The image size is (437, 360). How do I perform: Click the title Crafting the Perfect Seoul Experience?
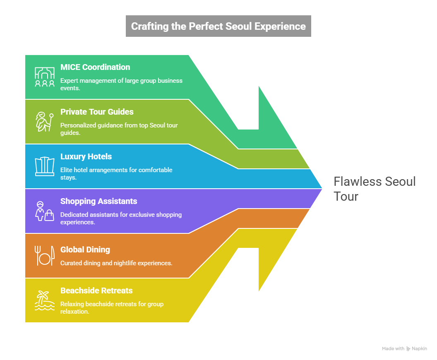tap(218, 26)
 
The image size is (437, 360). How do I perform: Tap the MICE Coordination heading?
tap(95, 67)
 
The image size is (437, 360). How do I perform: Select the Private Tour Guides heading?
tap(97, 112)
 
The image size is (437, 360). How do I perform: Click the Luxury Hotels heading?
tap(86, 156)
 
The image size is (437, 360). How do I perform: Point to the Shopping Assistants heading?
tap(98, 201)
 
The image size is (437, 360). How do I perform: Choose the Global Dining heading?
tap(85, 250)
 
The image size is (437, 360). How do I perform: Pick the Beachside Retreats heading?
tap(96, 290)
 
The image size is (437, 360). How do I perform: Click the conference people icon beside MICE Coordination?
tap(44, 77)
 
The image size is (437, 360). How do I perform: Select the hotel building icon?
tap(44, 166)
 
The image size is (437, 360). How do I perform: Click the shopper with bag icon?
tap(44, 211)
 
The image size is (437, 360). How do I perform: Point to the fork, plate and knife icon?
tap(44, 256)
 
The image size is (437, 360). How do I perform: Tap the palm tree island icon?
tap(44, 300)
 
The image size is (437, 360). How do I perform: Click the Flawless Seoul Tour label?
tap(374, 188)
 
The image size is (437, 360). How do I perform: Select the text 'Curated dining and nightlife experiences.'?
tap(116, 263)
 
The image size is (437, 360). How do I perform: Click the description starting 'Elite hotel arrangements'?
tap(116, 173)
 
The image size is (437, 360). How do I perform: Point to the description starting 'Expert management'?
tap(121, 84)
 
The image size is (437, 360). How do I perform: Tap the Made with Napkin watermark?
tap(404, 349)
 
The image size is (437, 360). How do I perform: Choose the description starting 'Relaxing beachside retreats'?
tap(112, 307)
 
